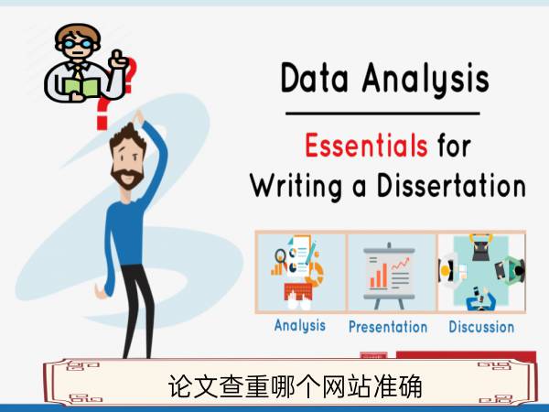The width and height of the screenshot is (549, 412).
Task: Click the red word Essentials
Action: tap(366, 145)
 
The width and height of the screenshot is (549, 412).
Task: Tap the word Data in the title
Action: tap(315, 78)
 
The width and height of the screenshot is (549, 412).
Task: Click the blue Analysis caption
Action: tap(300, 325)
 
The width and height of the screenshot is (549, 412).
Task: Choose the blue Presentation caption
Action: tap(388, 327)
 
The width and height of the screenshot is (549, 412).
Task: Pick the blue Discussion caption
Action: tap(481, 327)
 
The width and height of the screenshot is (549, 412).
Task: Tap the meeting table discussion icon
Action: tap(482, 272)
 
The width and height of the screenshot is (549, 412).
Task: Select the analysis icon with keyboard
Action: tap(298, 272)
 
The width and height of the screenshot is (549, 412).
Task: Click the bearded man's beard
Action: tap(127, 178)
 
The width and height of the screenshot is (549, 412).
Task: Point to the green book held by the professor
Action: tap(82, 87)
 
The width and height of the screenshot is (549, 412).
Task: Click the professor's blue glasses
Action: tap(78, 44)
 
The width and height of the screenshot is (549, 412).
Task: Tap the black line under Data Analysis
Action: tap(382, 114)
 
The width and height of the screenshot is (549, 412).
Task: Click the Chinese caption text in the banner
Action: tap(296, 386)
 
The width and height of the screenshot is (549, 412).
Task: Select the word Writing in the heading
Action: tap(296, 185)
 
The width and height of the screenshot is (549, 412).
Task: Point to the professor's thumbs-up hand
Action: tap(119, 60)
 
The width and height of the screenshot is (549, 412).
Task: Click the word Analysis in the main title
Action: tap(425, 79)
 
